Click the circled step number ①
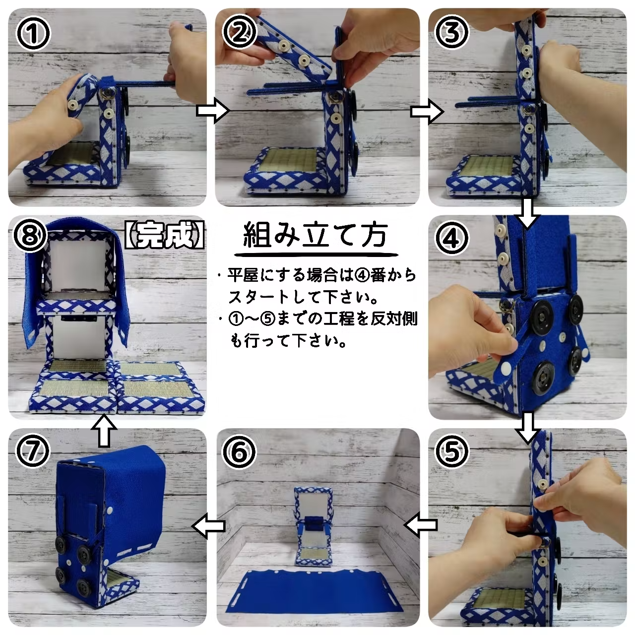[33, 33]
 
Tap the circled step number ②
[240, 33]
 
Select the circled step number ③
[452, 33]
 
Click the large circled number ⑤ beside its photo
[452, 451]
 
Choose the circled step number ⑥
[239, 451]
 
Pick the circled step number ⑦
[33, 451]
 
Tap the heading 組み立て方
[315, 236]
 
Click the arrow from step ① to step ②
[213, 111]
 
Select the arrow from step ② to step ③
[427, 112]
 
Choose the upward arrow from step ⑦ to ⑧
[104, 431]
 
